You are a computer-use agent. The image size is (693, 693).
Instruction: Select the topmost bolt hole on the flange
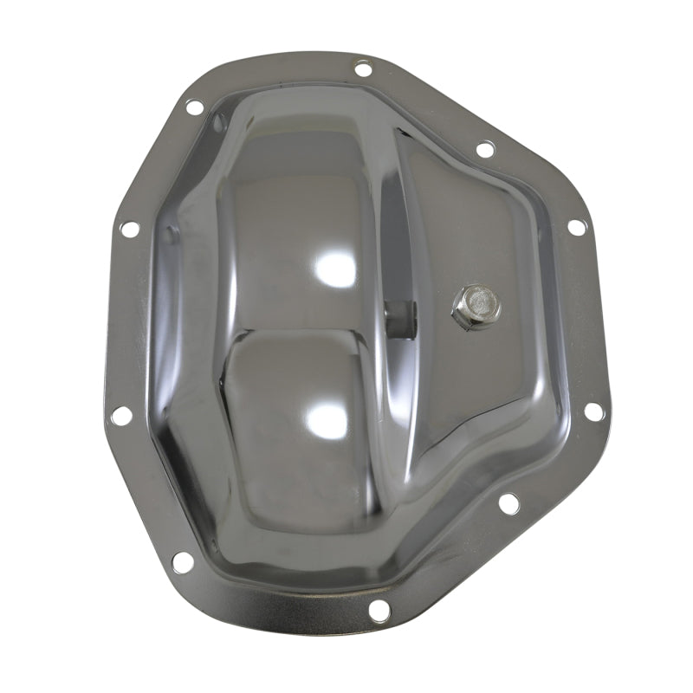pyautogui.click(x=364, y=67)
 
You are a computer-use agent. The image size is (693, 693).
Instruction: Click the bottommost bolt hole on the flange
pyautogui.click(x=379, y=610)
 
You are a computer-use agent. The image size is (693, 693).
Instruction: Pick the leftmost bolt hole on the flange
pyautogui.click(x=121, y=415)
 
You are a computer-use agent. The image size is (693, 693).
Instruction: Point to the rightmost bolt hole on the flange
pyautogui.click(x=593, y=411)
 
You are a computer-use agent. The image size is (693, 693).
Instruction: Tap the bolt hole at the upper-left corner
pyautogui.click(x=194, y=107)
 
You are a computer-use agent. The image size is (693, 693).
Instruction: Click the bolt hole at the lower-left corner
pyautogui.click(x=183, y=561)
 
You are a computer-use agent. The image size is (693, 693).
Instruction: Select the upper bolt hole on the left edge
pyautogui.click(x=130, y=230)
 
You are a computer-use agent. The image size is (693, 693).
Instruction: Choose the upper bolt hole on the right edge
pyautogui.click(x=576, y=227)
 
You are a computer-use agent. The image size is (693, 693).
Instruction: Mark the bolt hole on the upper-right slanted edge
pyautogui.click(x=485, y=149)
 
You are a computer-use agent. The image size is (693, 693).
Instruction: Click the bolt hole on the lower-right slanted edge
pyautogui.click(x=508, y=502)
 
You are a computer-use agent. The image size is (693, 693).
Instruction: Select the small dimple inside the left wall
pyautogui.click(x=171, y=232)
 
